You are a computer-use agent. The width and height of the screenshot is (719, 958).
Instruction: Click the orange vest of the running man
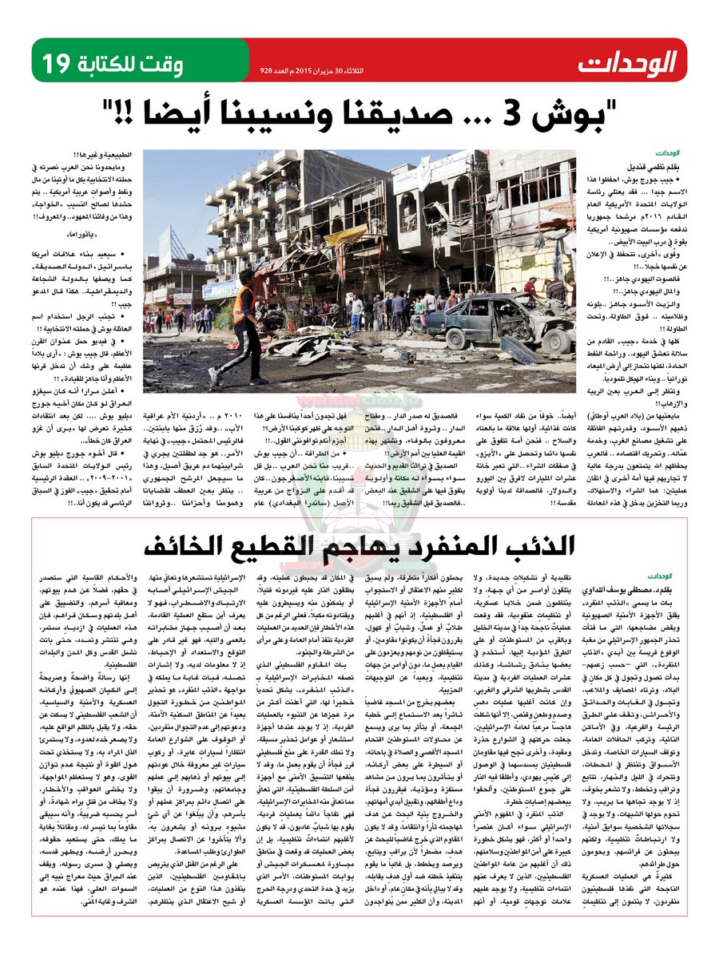(x=245, y=306)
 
